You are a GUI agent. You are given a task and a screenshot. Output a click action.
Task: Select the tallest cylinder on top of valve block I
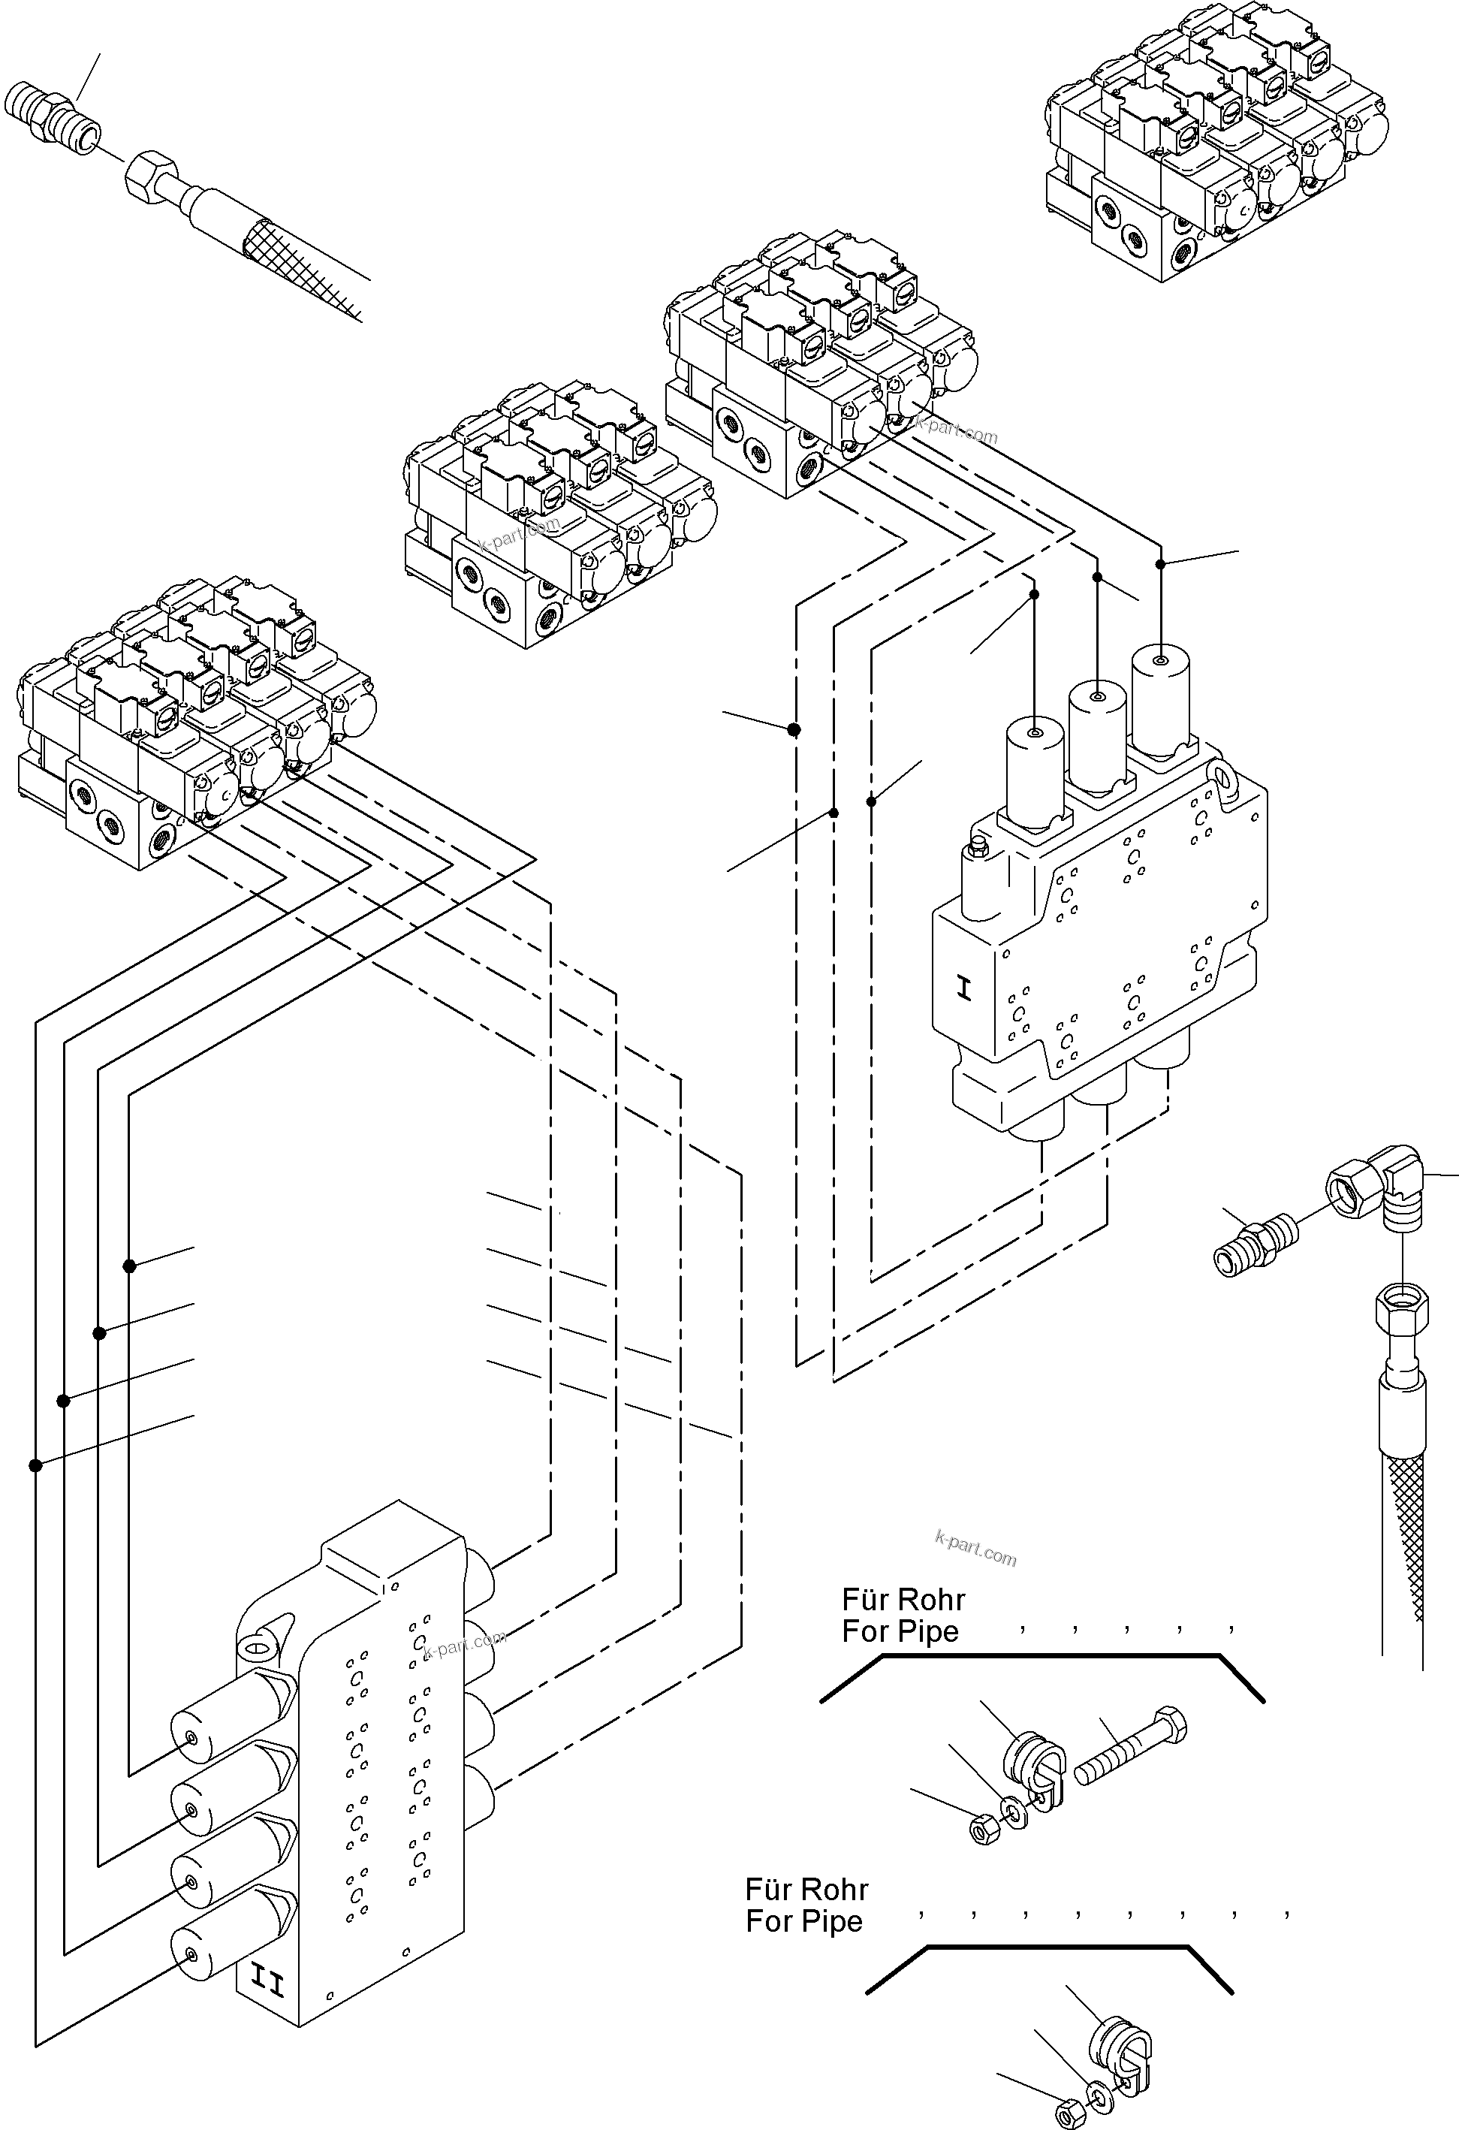1160,701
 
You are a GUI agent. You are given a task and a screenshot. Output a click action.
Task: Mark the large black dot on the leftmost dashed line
794,729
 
